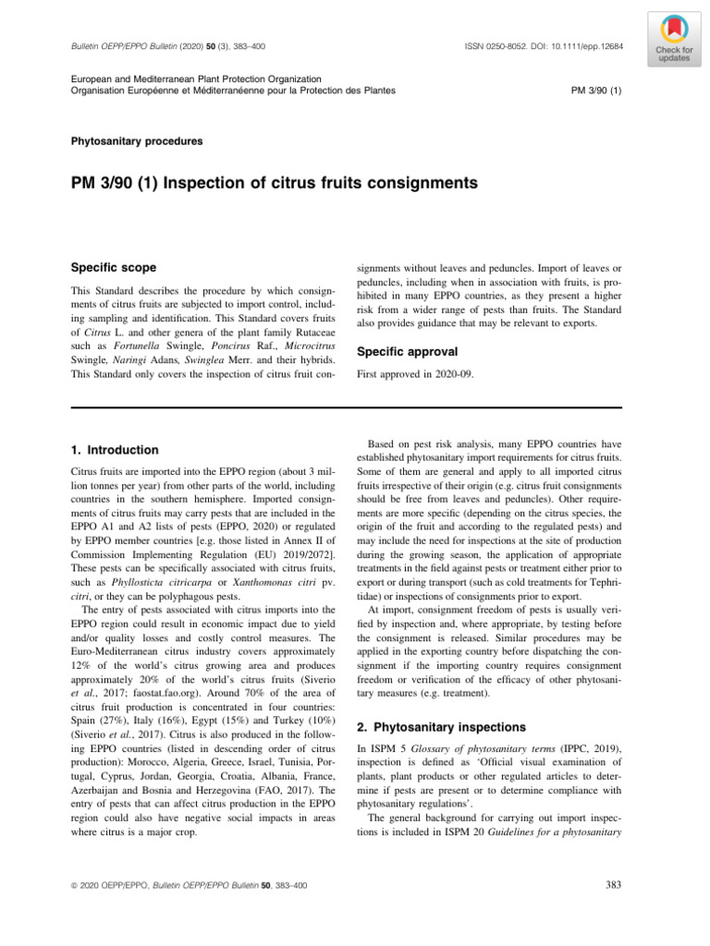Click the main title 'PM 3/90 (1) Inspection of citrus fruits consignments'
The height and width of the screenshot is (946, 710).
275,184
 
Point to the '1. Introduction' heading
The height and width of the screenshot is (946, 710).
115,450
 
